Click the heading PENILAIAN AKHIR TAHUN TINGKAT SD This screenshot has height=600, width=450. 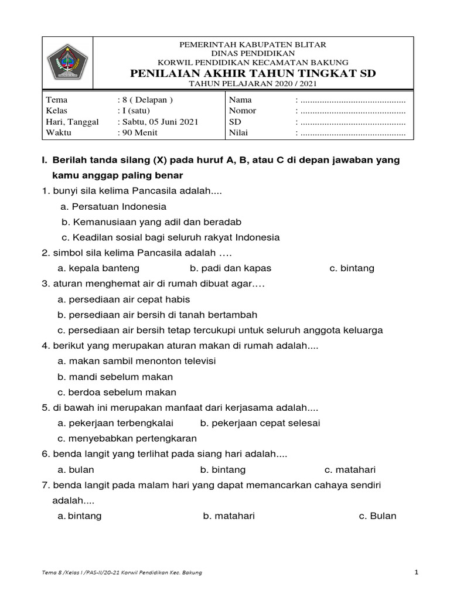pyautogui.click(x=253, y=73)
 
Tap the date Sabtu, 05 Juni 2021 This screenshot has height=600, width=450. pyautogui.click(x=158, y=122)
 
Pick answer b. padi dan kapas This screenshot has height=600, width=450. pyautogui.click(x=230, y=268)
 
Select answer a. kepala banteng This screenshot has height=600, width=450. pyautogui.click(x=98, y=268)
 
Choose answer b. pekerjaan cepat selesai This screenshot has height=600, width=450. pyautogui.click(x=260, y=423)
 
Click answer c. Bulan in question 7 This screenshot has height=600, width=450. pyautogui.click(x=377, y=516)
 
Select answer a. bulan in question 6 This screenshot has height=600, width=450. pyautogui.click(x=76, y=470)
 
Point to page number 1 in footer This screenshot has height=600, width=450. pyautogui.click(x=416, y=572)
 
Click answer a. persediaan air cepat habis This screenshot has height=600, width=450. pyautogui.click(x=124, y=299)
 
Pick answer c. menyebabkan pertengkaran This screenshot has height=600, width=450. pyautogui.click(x=127, y=438)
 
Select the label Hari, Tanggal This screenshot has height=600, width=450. pyautogui.click(x=72, y=122)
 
